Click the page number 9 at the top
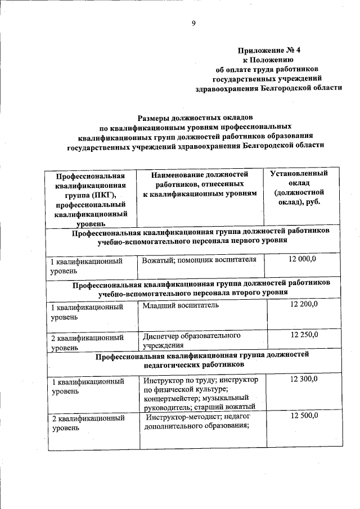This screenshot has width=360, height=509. tap(193, 23)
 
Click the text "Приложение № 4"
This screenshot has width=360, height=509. tap(268, 49)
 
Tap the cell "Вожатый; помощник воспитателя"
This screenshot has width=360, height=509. tap(199, 259)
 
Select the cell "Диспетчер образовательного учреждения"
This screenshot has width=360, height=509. tap(191, 340)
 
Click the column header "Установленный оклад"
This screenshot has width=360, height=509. tap(299, 188)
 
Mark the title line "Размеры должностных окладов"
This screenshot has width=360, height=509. tap(192, 118)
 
